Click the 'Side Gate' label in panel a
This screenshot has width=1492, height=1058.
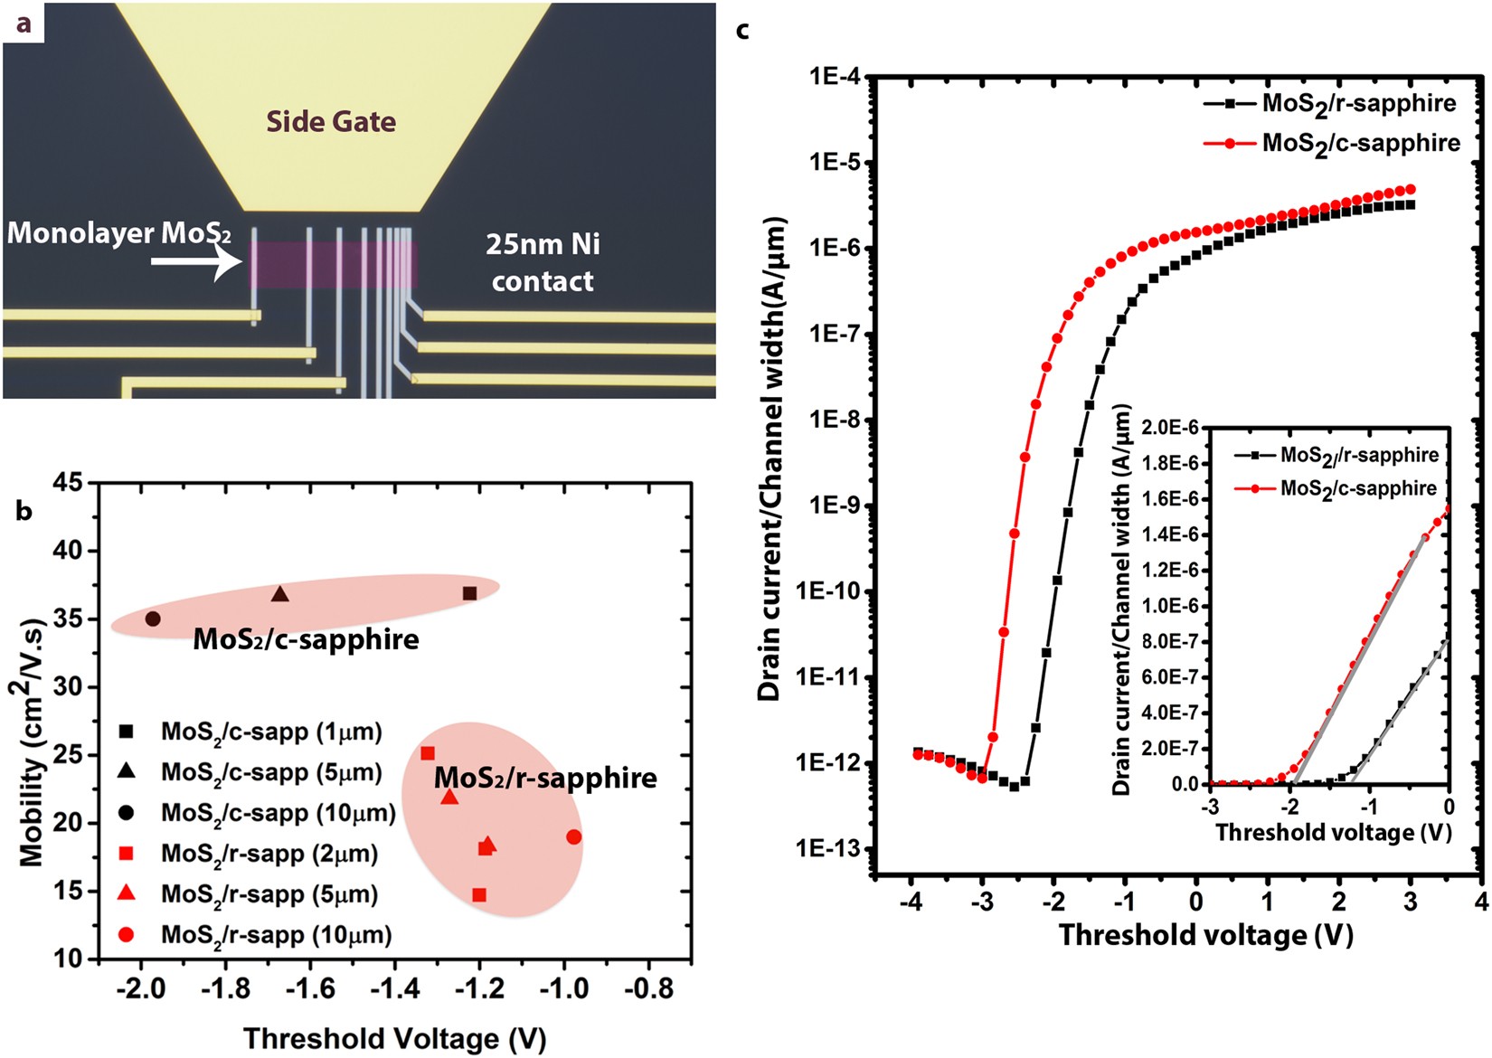331,121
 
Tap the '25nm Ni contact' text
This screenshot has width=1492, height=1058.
543,262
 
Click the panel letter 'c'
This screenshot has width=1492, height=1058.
742,30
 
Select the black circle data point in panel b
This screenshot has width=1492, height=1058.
153,619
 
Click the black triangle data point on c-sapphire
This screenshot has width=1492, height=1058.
280,594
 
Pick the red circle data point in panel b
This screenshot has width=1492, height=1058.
573,837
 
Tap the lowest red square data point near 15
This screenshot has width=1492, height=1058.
479,895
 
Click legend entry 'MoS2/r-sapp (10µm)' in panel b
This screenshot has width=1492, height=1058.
276,934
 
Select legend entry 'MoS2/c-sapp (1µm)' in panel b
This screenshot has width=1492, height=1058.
271,732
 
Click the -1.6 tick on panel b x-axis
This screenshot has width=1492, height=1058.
309,989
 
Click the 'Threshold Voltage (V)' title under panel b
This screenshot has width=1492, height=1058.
394,1039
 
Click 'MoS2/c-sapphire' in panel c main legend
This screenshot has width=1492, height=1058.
1360,143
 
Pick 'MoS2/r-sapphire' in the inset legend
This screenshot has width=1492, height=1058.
1358,455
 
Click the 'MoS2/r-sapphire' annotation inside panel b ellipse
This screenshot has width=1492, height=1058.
545,778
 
